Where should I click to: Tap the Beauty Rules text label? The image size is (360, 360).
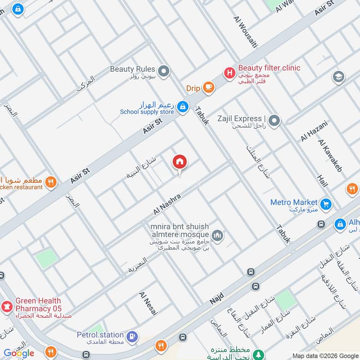132,69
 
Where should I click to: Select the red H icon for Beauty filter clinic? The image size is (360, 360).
229,72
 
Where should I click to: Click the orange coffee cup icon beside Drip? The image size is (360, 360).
208,88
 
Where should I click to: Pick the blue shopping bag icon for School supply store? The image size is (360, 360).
182,107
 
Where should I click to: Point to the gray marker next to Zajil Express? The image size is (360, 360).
275,121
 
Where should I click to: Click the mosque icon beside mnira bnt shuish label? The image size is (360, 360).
218,235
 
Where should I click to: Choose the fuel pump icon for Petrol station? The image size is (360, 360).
132,336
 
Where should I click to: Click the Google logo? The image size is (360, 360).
19,353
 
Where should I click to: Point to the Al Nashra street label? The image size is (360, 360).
167,204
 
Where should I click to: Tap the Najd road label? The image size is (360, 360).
216,297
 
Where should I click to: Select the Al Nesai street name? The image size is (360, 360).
148,303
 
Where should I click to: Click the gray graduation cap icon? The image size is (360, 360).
338,77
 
